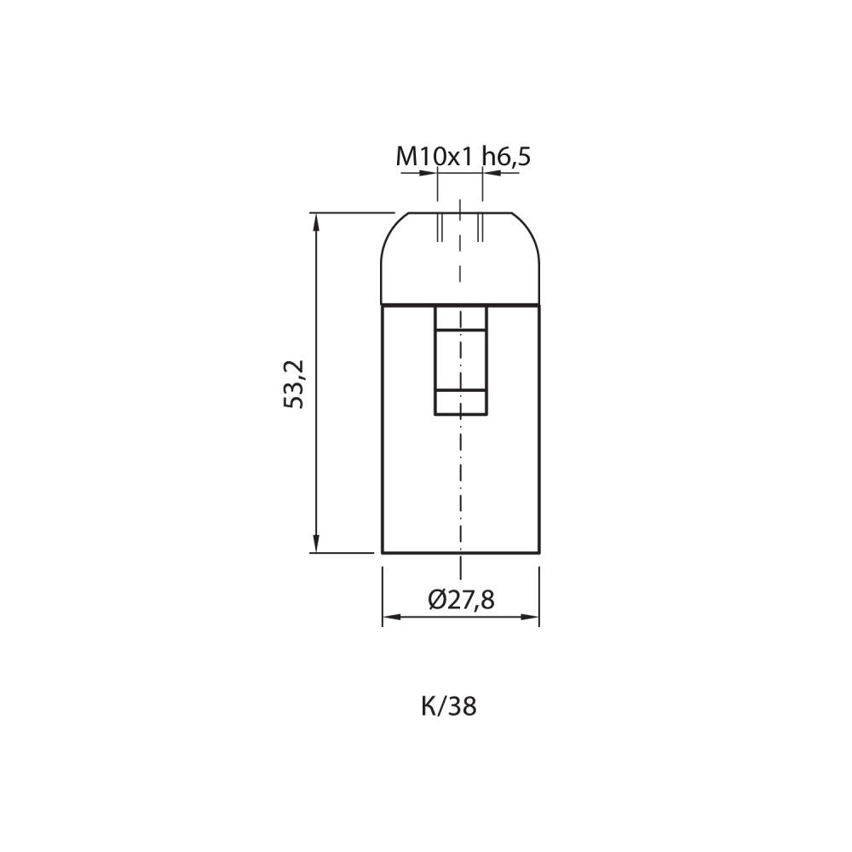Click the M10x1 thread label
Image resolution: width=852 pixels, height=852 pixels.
pyautogui.click(x=435, y=157)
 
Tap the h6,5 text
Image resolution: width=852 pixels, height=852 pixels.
pyautogui.click(x=506, y=157)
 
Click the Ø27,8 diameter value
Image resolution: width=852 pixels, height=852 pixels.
pyautogui.click(x=461, y=600)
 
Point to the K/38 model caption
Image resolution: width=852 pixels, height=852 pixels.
pyautogui.click(x=449, y=706)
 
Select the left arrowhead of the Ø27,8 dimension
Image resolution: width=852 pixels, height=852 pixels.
pyautogui.click(x=392, y=617)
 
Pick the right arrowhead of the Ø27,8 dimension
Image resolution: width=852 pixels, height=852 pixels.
pyautogui.click(x=530, y=617)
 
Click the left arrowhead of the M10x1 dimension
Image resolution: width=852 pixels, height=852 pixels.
pyautogui.click(x=429, y=173)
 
